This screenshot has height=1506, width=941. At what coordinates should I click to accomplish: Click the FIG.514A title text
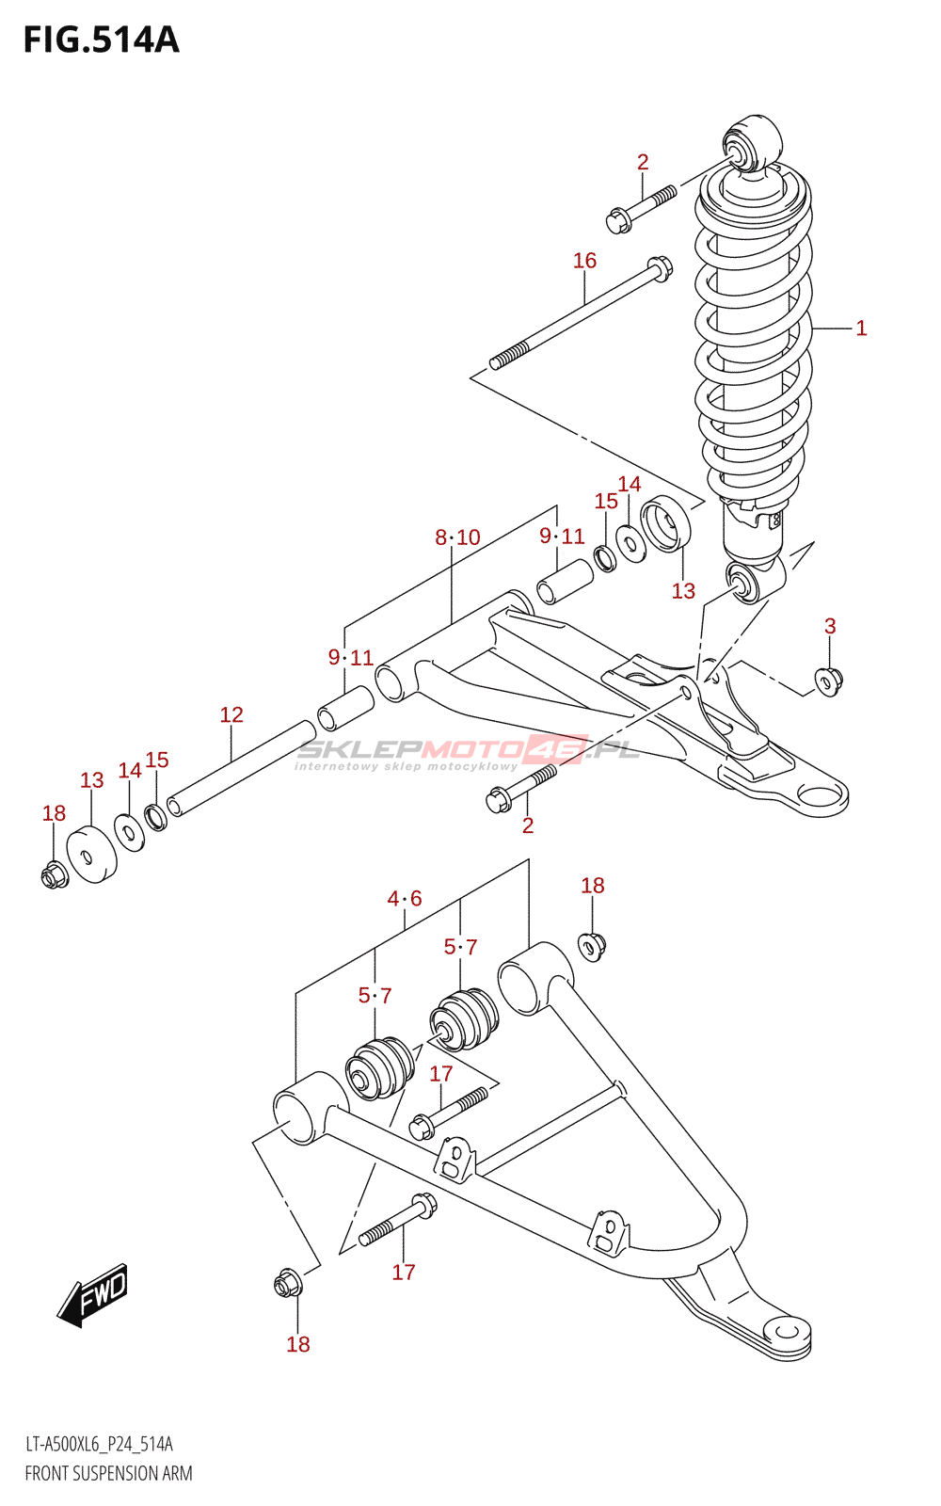[102, 40]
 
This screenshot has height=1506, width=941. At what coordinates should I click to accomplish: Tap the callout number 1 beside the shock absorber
[861, 328]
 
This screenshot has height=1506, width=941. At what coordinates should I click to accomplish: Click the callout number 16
[584, 260]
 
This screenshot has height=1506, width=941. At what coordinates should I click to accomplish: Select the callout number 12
[231, 714]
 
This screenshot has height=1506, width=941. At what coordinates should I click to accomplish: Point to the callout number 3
[830, 626]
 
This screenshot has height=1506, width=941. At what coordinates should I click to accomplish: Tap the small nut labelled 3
[829, 681]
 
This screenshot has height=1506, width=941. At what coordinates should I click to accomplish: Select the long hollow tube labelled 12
[241, 768]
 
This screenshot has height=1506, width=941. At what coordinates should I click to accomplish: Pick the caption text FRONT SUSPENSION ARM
[108, 1474]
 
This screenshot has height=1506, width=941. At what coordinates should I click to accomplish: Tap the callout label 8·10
[457, 537]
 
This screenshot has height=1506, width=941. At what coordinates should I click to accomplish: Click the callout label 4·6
[404, 898]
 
